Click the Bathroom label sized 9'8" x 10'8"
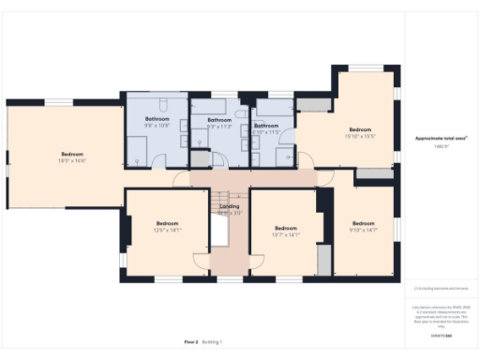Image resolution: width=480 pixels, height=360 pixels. [x=157, y=121]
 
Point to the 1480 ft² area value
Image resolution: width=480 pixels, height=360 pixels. [x=441, y=146]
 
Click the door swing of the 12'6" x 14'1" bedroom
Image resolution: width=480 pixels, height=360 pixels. [x=202, y=262]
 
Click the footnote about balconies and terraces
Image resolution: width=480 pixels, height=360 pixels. [x=441, y=288]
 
